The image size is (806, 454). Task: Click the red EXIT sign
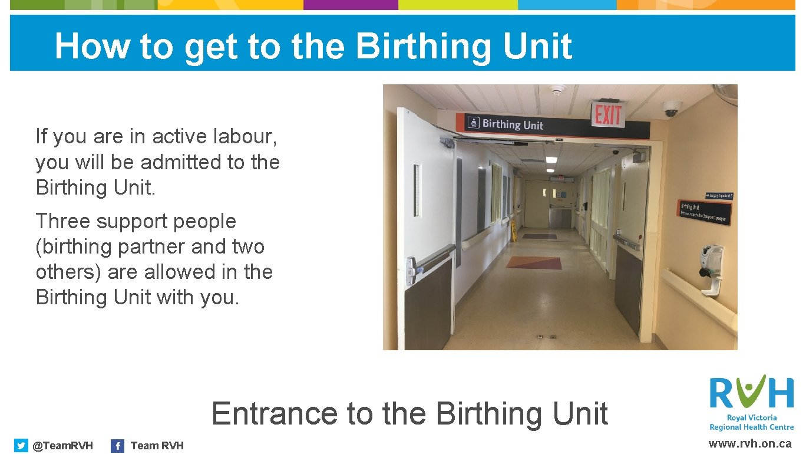click(x=608, y=115)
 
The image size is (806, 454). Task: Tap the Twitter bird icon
click(x=21, y=446)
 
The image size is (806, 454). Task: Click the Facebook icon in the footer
click(x=118, y=446)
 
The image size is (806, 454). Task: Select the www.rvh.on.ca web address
click(x=750, y=444)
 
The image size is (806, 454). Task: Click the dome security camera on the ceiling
click(x=671, y=108)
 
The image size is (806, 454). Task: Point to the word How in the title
click(x=93, y=46)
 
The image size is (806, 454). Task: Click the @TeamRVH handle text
click(x=62, y=446)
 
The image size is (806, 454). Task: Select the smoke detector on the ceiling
click(x=557, y=90)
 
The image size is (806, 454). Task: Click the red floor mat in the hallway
click(x=534, y=262)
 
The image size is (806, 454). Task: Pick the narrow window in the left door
click(x=417, y=190)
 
